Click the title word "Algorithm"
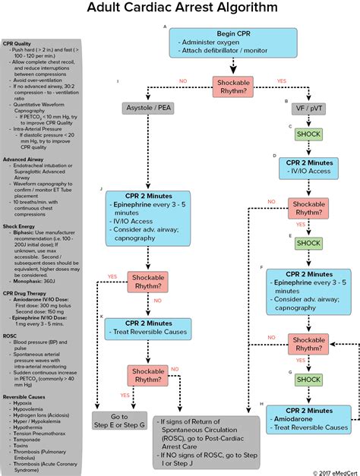pyautogui.click(x=244, y=10)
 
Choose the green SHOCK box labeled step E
pyautogui.click(x=308, y=243)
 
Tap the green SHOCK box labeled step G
pyautogui.click(x=308, y=379)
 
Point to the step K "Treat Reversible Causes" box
pyautogui.click(x=148, y=327)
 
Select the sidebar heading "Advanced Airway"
pyautogui.click(x=25, y=159)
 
